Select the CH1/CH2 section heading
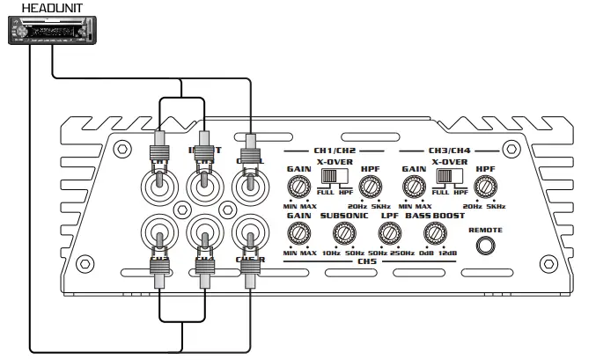click(x=335, y=151)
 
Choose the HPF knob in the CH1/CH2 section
click(x=370, y=186)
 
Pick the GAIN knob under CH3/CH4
click(x=412, y=186)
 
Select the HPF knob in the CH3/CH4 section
click(x=483, y=186)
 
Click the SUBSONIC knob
click(x=341, y=232)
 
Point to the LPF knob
click(x=388, y=232)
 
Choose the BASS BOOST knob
click(x=433, y=232)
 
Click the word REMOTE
click(x=485, y=229)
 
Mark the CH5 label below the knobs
click(x=366, y=261)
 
